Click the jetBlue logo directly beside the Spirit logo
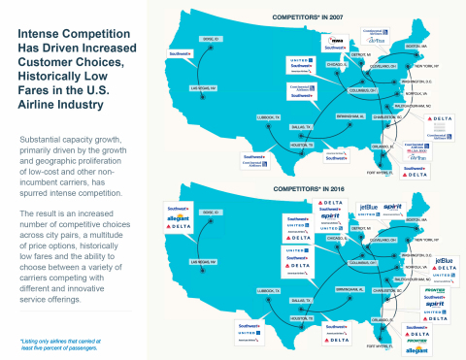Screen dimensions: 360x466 point(369,207)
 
